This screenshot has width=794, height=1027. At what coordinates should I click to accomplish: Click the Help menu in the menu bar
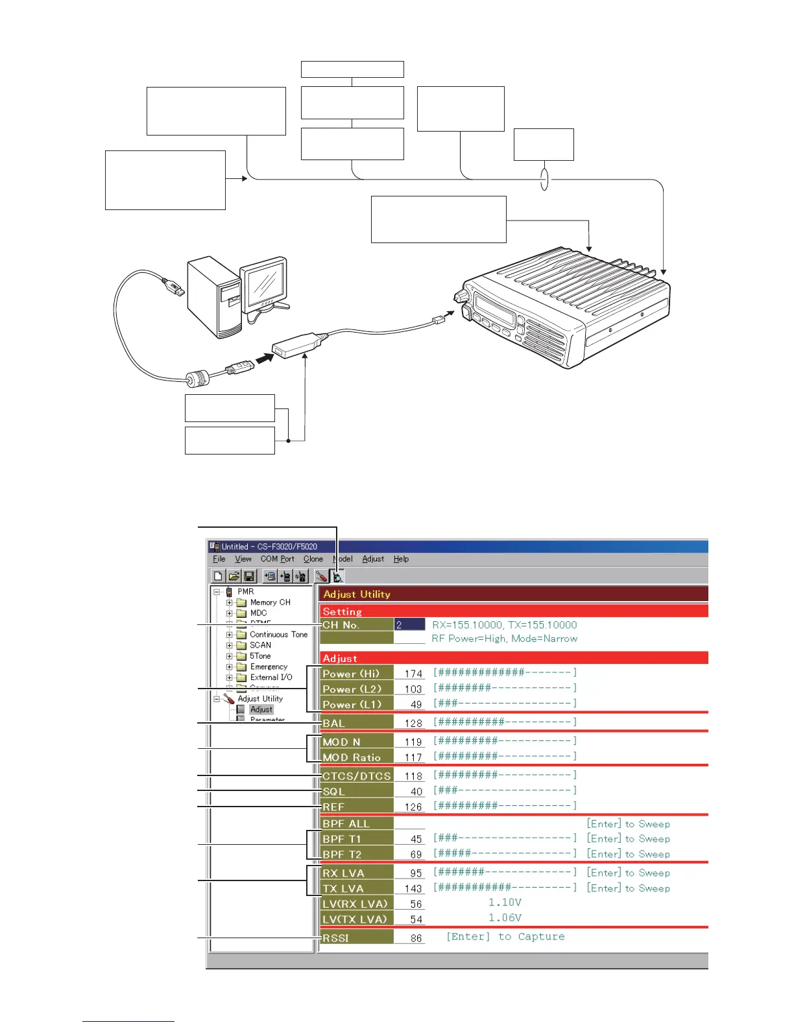(x=401, y=559)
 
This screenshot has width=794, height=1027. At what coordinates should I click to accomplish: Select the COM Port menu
(x=277, y=559)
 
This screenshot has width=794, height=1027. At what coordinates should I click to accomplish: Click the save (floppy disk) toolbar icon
(x=249, y=576)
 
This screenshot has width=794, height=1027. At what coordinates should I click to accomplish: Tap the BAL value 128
(x=413, y=724)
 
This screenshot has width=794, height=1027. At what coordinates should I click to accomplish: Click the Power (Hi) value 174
(x=413, y=674)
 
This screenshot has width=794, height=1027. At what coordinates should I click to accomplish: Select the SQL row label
(x=334, y=792)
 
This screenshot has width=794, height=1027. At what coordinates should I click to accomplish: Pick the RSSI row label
(x=336, y=938)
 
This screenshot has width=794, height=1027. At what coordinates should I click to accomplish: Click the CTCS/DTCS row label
(x=357, y=776)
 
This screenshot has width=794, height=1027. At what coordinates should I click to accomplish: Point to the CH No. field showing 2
(x=409, y=625)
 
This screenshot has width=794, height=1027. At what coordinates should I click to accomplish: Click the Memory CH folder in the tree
(x=270, y=602)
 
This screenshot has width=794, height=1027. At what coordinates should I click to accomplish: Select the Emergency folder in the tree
(x=269, y=667)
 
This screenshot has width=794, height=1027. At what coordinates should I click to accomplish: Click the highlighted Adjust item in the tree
(x=261, y=709)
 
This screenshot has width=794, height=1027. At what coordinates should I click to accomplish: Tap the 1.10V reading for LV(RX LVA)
(x=505, y=903)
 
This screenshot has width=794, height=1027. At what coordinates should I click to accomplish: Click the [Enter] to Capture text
(x=505, y=937)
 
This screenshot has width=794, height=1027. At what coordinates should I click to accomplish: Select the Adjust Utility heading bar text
(x=357, y=595)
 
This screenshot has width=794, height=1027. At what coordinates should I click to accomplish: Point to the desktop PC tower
(x=212, y=298)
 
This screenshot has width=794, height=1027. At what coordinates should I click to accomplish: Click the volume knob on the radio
(x=461, y=296)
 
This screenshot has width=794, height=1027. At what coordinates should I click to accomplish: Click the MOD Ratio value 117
(x=413, y=758)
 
